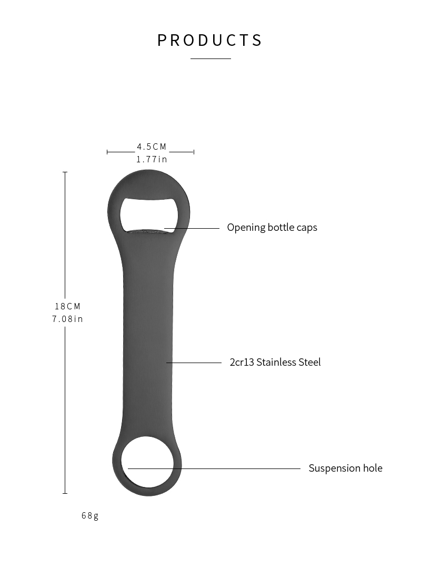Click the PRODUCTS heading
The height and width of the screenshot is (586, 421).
tap(210, 41)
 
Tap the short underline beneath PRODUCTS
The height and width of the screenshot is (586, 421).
tap(210, 58)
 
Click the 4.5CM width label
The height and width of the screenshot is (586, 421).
tap(152, 147)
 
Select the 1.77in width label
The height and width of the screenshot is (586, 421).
tap(152, 160)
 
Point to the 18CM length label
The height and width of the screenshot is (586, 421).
tap(67, 307)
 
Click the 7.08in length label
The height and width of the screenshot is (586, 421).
tap(67, 319)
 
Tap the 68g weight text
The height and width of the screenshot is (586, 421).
tap(90, 516)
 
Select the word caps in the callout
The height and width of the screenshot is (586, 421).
tap(307, 228)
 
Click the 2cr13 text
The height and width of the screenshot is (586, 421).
tap(242, 362)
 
